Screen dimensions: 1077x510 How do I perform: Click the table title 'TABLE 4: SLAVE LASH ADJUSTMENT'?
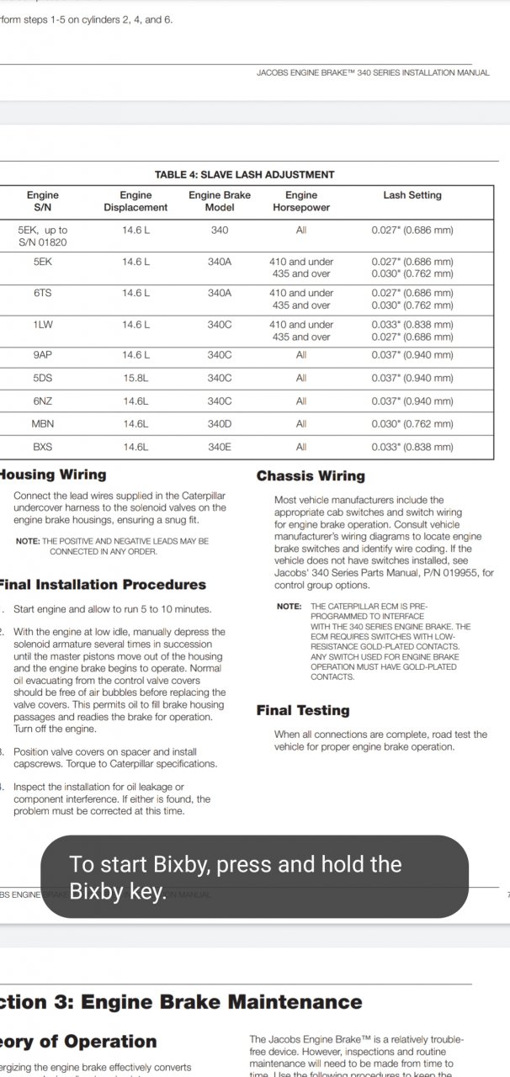[x=244, y=175]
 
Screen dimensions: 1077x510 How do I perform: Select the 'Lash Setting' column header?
[x=412, y=195]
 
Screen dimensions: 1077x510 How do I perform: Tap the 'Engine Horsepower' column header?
[x=300, y=201]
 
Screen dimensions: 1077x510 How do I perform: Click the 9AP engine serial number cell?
[x=43, y=355]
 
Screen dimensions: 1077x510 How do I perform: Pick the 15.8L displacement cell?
[x=135, y=379]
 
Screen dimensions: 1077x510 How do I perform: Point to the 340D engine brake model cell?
[x=219, y=424]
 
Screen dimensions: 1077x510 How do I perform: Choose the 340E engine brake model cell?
[x=219, y=447]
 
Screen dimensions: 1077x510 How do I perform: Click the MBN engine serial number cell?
[x=43, y=424]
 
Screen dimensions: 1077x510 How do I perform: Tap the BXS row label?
[x=43, y=447]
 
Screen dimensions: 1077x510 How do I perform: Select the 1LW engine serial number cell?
[x=43, y=325]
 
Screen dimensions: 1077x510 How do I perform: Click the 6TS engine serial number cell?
[x=43, y=293]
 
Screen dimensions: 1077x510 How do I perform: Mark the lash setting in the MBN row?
[x=412, y=424]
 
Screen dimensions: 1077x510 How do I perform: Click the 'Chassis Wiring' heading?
[x=311, y=476]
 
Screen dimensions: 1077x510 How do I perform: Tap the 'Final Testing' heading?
[x=303, y=711]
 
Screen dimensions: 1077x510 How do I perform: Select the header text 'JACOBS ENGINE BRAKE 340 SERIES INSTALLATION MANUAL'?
[x=373, y=73]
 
